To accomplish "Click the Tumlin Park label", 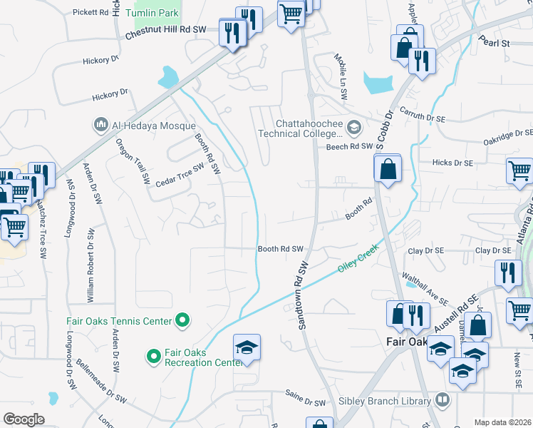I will point(152,14).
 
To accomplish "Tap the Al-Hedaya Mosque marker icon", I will point(100,126).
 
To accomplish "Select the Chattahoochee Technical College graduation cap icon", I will point(354,128).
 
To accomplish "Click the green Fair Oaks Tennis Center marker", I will point(182,321).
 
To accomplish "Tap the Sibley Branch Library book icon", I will point(443,401).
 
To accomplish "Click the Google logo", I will point(23,419).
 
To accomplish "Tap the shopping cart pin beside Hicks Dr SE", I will point(519,171).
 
